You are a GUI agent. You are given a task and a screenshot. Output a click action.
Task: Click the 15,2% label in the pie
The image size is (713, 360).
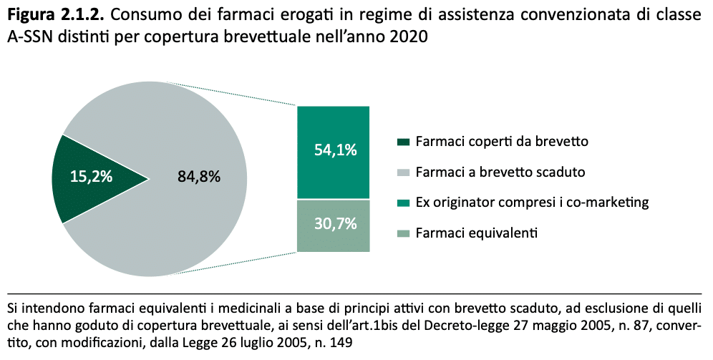pos(91,177)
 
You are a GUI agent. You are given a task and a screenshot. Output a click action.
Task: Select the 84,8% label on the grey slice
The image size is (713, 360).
pos(198,177)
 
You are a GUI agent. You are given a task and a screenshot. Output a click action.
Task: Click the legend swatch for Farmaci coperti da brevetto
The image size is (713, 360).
pos(402,142)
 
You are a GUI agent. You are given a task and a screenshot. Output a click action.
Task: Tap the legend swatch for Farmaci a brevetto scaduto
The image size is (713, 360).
pos(402,172)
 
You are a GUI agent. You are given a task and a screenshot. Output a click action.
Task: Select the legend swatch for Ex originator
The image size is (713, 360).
pos(402,203)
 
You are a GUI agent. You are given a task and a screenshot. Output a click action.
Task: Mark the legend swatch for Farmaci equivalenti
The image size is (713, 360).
pos(402,233)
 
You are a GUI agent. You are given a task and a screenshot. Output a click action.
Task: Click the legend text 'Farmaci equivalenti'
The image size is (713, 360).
pos(476,233)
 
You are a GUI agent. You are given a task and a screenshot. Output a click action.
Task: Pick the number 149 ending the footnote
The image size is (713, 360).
pos(341,342)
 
